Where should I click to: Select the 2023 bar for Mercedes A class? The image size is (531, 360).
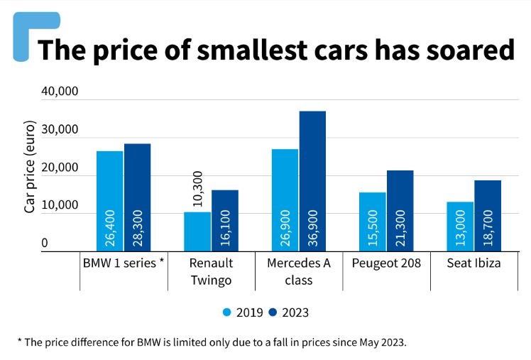tap(312, 180)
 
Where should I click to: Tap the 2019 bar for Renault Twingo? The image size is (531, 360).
tap(197, 231)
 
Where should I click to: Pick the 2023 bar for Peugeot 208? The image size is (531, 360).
tap(400, 210)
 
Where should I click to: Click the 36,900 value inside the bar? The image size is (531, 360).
tap(313, 229)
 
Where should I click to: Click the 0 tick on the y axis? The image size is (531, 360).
tap(45, 243)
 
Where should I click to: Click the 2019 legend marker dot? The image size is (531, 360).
tap(227, 312)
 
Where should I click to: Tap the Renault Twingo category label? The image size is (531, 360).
tap(211, 271)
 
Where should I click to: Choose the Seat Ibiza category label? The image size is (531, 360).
tap(473, 263)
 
